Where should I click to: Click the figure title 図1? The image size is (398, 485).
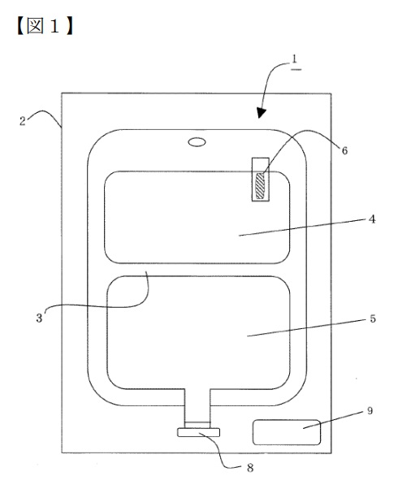click(45, 26)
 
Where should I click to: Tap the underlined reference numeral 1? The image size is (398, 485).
click(295, 61)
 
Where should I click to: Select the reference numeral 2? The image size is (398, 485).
click(22, 120)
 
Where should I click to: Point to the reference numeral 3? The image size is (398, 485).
click(39, 318)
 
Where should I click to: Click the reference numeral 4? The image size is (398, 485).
click(372, 219)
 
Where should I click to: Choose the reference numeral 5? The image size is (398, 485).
click(373, 318)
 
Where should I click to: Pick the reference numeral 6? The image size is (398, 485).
click(344, 150)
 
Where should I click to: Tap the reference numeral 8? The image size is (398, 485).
click(250, 468)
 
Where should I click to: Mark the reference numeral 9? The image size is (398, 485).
click(370, 411)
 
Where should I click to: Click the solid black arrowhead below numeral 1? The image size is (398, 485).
click(262, 113)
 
